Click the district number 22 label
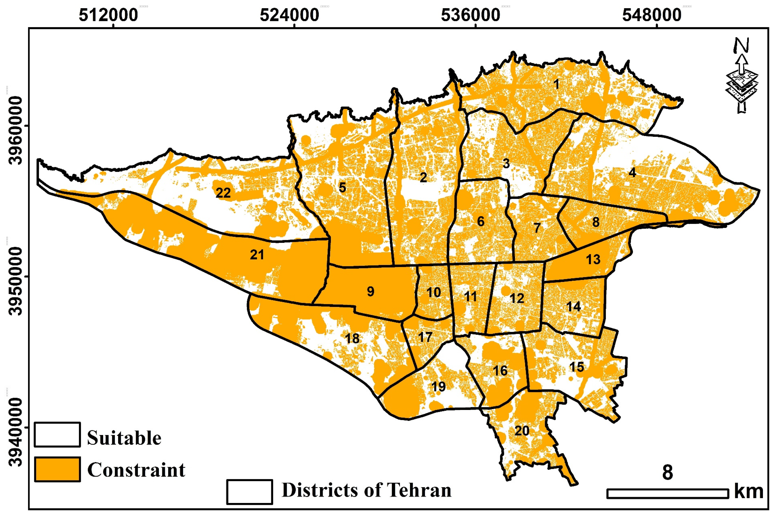[x=223, y=193]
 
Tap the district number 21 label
[x=257, y=255]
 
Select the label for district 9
[x=371, y=292]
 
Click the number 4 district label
[x=632, y=173]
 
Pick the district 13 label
[x=593, y=259]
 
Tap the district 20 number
[x=522, y=431]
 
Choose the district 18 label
[x=352, y=338]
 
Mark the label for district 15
[x=577, y=367]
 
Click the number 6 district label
[x=481, y=221]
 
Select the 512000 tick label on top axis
[x=108, y=15]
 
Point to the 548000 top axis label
[x=652, y=15]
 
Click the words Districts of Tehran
[x=366, y=490]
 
